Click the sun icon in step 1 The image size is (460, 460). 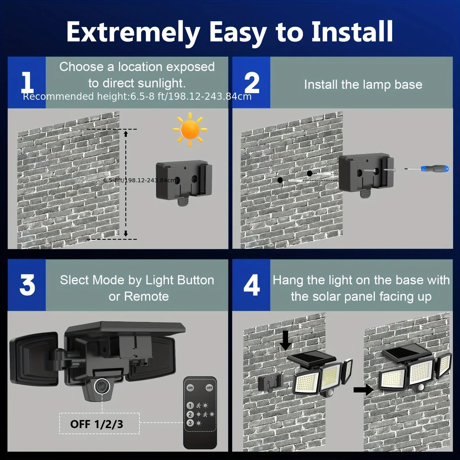pyautogui.click(x=190, y=130)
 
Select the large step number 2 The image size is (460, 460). pyautogui.click(x=251, y=83)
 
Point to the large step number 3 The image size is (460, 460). pyautogui.click(x=27, y=285)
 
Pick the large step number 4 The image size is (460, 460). pyautogui.click(x=251, y=285)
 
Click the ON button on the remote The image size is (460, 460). pyautogui.click(x=190, y=387)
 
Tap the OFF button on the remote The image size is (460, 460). pyautogui.click(x=209, y=387)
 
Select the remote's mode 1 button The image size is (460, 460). pyautogui.click(x=190, y=406)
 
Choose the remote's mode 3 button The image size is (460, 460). pyautogui.click(x=190, y=423)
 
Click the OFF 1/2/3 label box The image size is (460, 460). pyautogui.click(x=99, y=424)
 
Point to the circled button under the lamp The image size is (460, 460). pyautogui.click(x=102, y=386)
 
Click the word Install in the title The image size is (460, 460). pyautogui.click(x=352, y=32)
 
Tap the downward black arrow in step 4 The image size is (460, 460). pyautogui.click(x=286, y=340)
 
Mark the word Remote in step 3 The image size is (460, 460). pyautogui.click(x=146, y=296)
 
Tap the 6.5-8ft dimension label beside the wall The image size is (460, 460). pyautogui.click(x=139, y=180)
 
